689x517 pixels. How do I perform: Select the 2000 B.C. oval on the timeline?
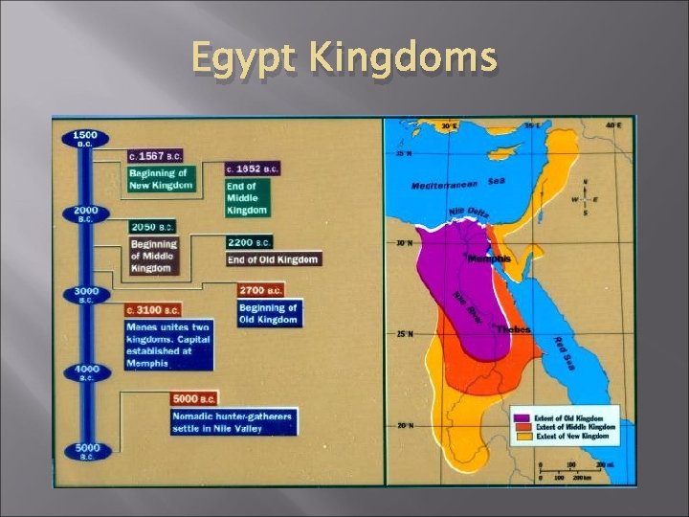pos(85,214)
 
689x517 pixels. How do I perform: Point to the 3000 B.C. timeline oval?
pos(85,294)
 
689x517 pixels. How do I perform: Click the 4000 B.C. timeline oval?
pos(85,372)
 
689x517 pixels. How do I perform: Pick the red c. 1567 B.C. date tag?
pos(155,155)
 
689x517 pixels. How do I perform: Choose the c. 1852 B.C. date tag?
pos(252,169)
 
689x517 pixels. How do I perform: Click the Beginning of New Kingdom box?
pos(159,178)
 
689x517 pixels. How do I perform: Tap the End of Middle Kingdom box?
pos(246,196)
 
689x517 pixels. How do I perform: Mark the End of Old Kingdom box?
pos(273,259)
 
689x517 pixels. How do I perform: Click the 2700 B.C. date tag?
pos(260,289)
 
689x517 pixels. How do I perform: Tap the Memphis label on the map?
pos(489,258)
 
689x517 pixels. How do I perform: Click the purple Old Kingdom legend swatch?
pos(521,418)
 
